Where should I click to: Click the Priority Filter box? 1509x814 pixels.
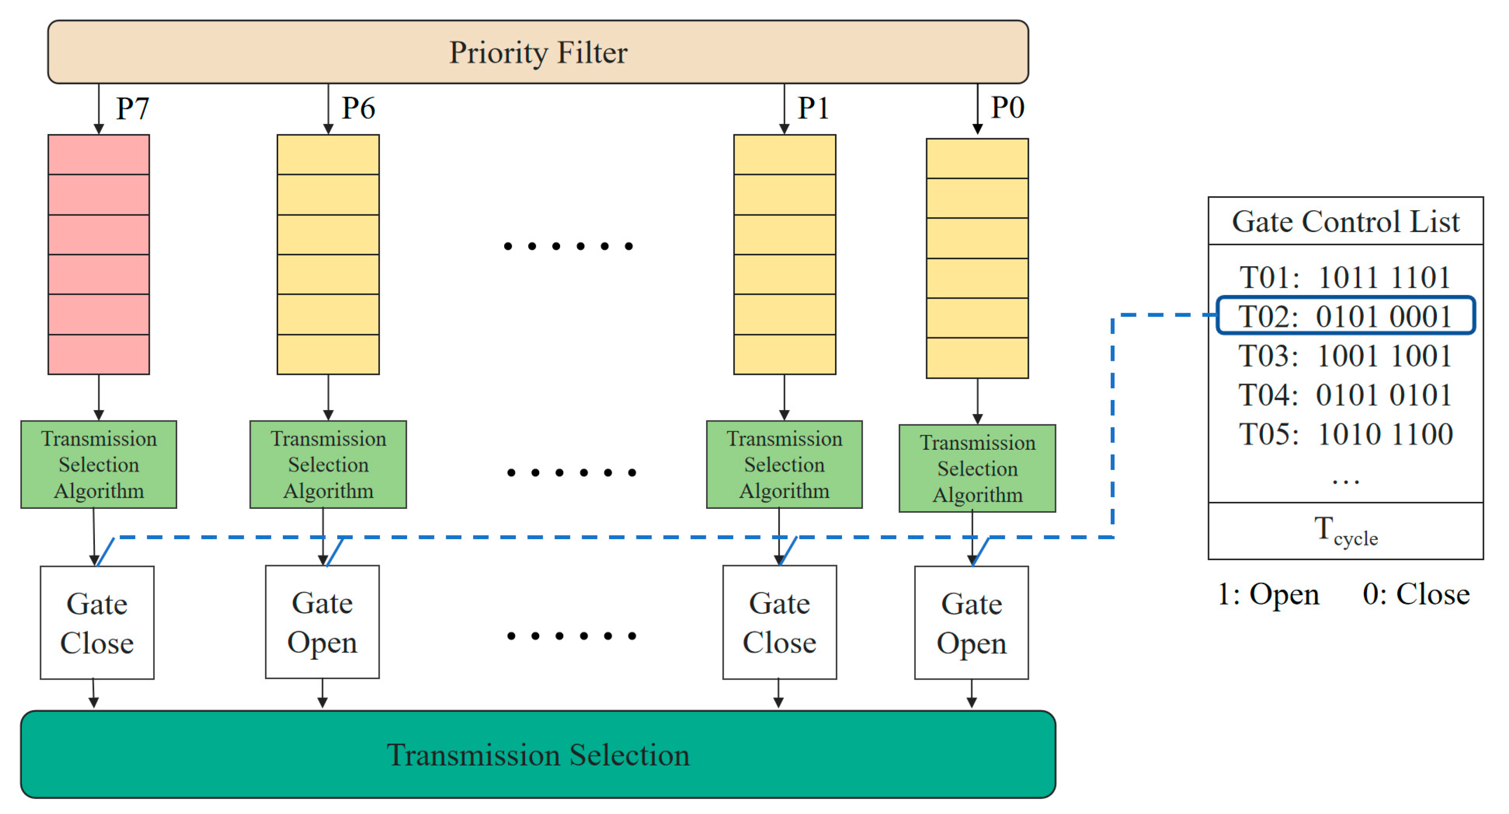[538, 52]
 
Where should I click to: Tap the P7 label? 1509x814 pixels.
[133, 108]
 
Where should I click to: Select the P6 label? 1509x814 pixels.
[358, 108]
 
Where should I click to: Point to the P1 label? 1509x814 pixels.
[813, 108]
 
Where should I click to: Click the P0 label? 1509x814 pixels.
[1007, 108]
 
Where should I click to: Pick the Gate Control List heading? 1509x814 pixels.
[1346, 222]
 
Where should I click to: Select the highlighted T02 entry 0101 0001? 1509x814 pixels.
[1346, 316]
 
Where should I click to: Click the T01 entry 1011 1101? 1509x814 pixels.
[1346, 277]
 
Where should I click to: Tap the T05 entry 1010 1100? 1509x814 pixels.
[1346, 434]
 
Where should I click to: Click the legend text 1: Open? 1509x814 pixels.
[1268, 594]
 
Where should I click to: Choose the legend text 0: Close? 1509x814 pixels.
[1416, 594]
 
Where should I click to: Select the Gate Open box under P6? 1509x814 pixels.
[322, 622]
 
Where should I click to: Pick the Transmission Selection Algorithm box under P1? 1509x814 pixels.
[784, 464]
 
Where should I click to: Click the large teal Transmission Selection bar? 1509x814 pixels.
[538, 754]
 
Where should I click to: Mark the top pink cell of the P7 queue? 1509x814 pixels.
[99, 154]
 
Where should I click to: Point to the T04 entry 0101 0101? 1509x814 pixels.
[1346, 395]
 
